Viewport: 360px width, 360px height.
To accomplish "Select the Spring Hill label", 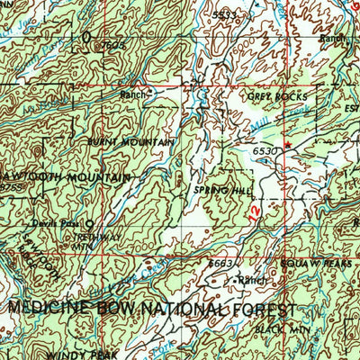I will [212, 191].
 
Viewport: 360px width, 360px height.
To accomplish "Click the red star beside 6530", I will [288, 145].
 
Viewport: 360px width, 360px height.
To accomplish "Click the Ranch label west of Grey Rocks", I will [132, 94].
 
